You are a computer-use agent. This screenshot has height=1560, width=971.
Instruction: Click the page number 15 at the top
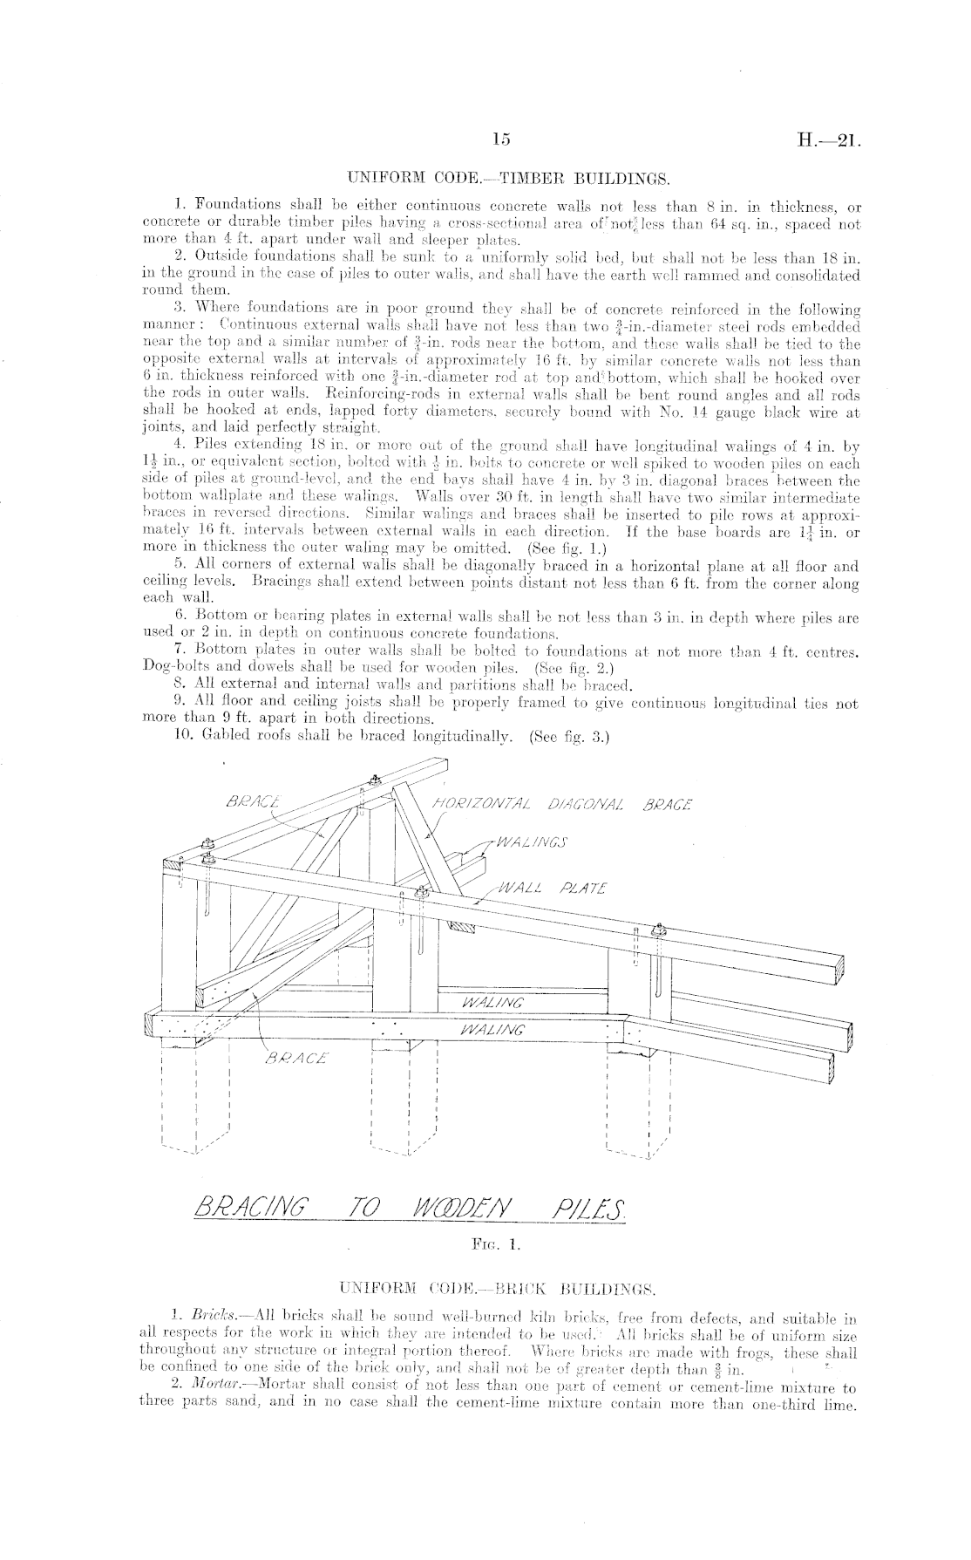500,140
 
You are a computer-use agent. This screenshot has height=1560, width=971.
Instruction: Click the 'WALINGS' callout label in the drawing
531,842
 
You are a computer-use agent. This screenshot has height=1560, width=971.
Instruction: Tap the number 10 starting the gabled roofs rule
182,735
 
